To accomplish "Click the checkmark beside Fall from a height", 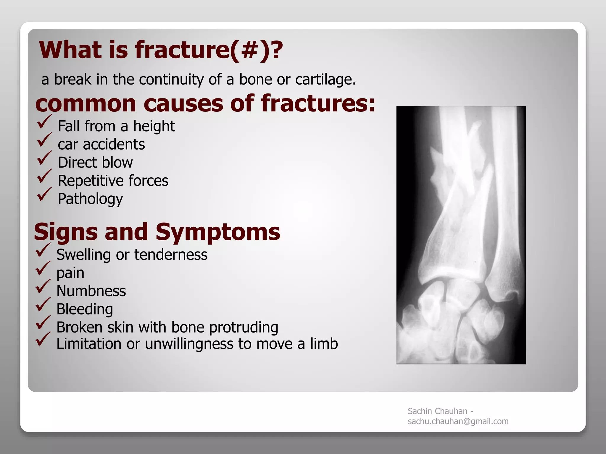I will [44, 122].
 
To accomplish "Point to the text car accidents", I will [101, 145].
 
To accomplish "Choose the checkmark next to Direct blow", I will [44, 158].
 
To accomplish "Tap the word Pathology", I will [90, 199].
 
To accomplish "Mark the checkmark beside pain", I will [43, 268].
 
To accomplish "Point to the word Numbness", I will [91, 291].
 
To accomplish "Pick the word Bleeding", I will [85, 309].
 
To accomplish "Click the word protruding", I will [244, 327].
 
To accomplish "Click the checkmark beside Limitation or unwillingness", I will [43, 339].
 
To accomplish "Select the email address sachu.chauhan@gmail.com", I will [458, 421].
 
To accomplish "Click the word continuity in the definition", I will [171, 80].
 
